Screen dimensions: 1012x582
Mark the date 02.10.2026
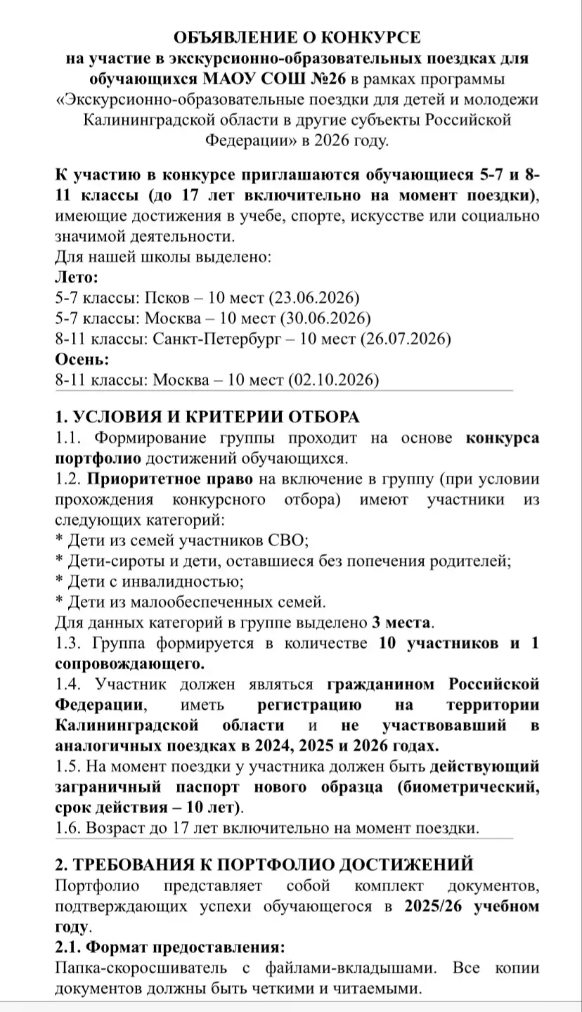(334, 380)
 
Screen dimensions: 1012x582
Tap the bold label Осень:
(82, 360)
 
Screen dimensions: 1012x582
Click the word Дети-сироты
(112, 561)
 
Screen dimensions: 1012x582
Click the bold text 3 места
(403, 622)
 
